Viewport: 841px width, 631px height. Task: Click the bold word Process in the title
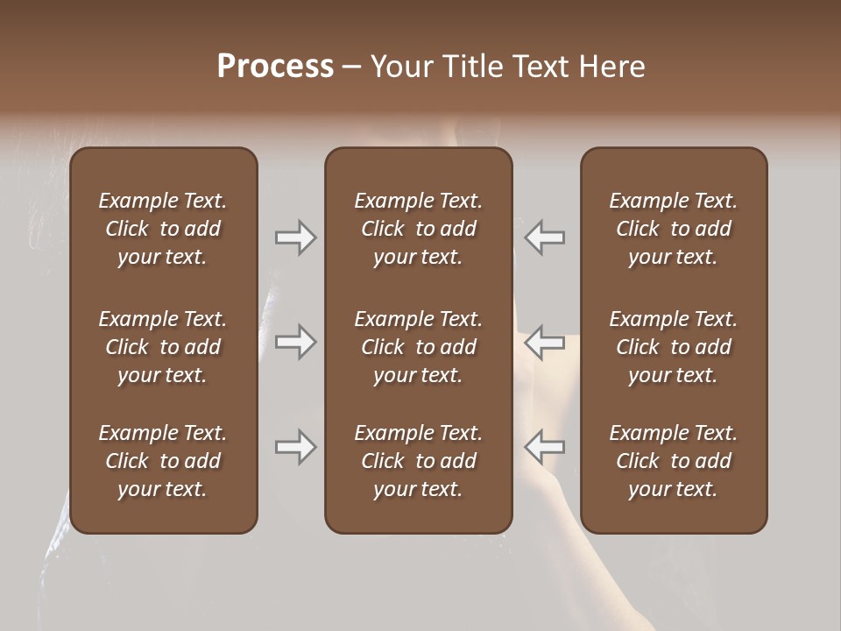[275, 67]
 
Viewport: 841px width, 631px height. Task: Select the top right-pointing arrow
[296, 237]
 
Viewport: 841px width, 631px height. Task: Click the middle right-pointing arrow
[296, 342]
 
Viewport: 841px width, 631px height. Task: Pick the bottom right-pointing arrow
[296, 447]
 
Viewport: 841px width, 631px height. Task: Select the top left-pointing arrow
[544, 237]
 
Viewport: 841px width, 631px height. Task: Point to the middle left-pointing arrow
[544, 342]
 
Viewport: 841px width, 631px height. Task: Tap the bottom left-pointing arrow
[544, 447]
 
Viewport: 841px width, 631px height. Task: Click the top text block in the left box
[163, 229]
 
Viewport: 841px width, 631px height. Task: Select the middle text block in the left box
[163, 347]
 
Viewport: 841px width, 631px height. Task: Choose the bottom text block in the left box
[163, 461]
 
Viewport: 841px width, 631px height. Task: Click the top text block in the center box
[418, 229]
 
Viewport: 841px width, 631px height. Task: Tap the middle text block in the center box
[418, 347]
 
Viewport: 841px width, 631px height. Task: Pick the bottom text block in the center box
[418, 461]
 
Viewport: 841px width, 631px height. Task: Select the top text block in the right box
[673, 229]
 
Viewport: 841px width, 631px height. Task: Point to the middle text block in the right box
[673, 347]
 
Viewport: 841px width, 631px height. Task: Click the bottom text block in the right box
[673, 461]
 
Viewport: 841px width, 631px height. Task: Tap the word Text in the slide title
[539, 67]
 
